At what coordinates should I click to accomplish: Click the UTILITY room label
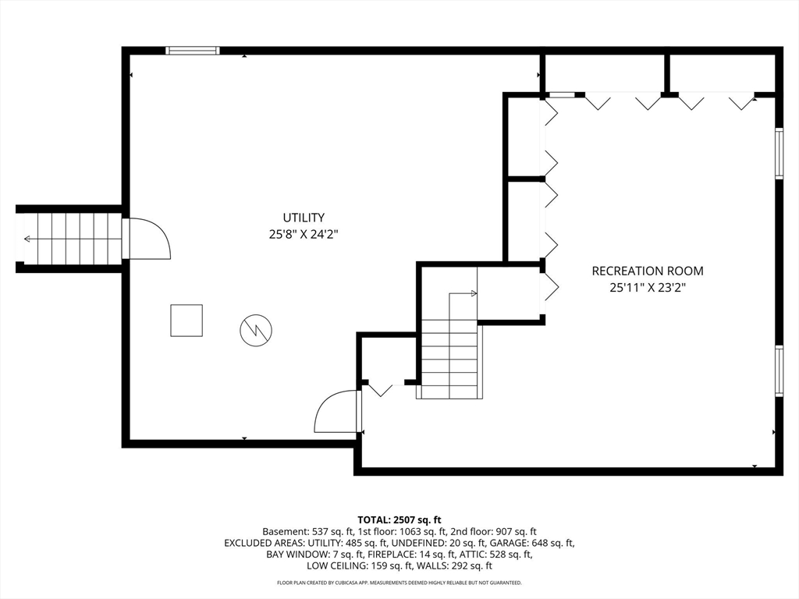pyautogui.click(x=304, y=218)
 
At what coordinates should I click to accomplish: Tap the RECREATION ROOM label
pyautogui.click(x=648, y=271)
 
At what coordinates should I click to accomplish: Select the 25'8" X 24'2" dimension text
pyautogui.click(x=304, y=235)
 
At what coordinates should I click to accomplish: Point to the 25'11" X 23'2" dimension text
pyautogui.click(x=648, y=288)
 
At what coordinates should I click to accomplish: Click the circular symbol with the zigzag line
pyautogui.click(x=256, y=331)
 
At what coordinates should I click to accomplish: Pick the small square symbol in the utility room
pyautogui.click(x=186, y=321)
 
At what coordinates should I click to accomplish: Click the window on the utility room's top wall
pyautogui.click(x=193, y=51)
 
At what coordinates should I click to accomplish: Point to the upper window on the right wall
pyautogui.click(x=779, y=154)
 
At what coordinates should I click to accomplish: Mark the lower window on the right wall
pyautogui.click(x=779, y=370)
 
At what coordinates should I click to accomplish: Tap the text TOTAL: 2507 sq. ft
pyautogui.click(x=399, y=520)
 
